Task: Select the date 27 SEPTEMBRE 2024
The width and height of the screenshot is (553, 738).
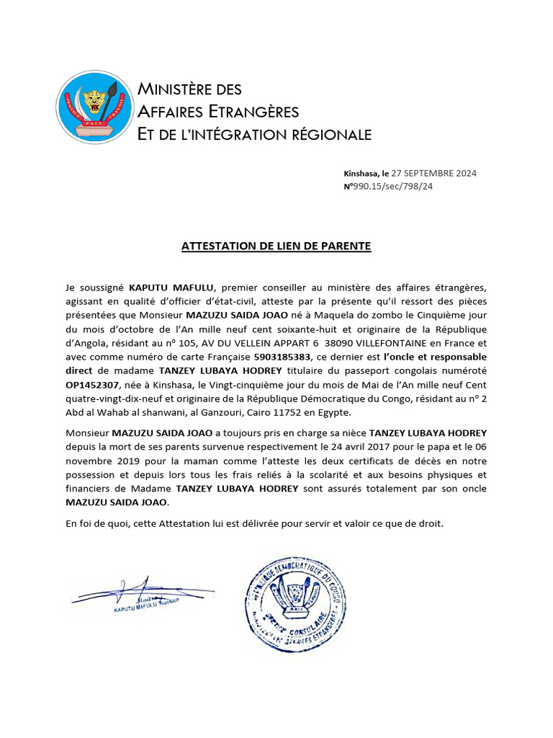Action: (433, 173)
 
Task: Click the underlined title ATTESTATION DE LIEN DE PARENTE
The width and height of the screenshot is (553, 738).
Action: (276, 246)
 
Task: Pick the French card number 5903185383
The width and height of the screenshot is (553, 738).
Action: (283, 357)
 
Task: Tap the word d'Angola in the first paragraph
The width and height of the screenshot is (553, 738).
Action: (87, 343)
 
